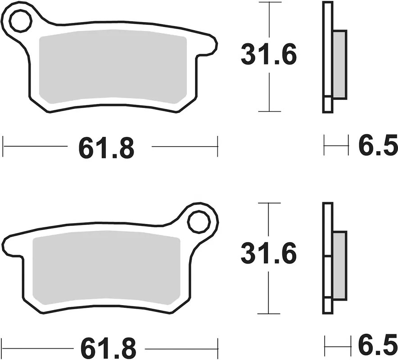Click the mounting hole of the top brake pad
[20, 21]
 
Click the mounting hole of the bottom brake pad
[199, 222]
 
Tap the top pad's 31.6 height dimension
[268, 54]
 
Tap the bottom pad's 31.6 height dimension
[268, 253]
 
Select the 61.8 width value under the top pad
[106, 148]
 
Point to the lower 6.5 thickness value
[378, 346]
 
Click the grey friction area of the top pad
[113, 67]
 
